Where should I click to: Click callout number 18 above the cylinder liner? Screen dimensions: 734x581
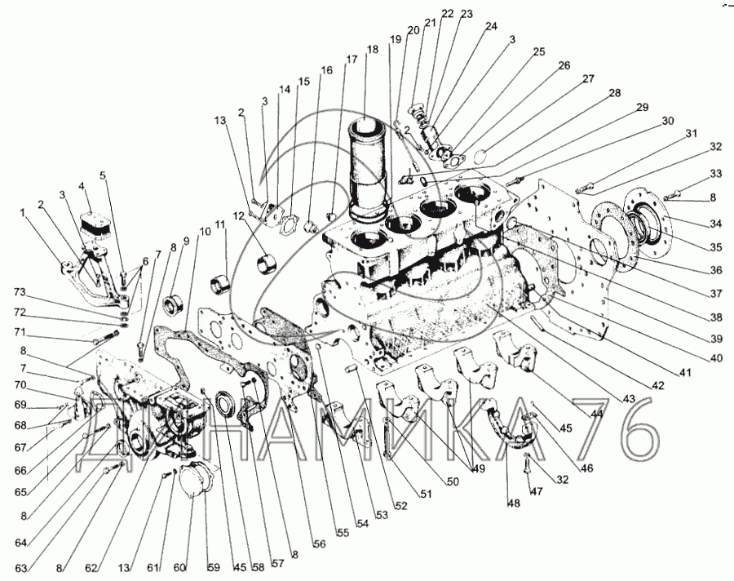pos(373,50)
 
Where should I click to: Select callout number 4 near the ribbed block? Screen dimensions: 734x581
pos(82,186)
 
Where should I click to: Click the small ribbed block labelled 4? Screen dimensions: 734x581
pos(95,225)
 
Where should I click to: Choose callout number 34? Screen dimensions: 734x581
pos(715,224)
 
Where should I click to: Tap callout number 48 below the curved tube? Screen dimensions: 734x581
pos(514,503)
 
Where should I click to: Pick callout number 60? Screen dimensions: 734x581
pos(179,568)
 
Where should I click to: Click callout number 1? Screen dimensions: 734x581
pos(21,213)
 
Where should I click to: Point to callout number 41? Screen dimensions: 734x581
pos(685,374)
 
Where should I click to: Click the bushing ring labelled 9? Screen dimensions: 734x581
pos(173,305)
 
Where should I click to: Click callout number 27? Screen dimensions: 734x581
pos(588,78)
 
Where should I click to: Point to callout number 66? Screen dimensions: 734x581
pos(20,470)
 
